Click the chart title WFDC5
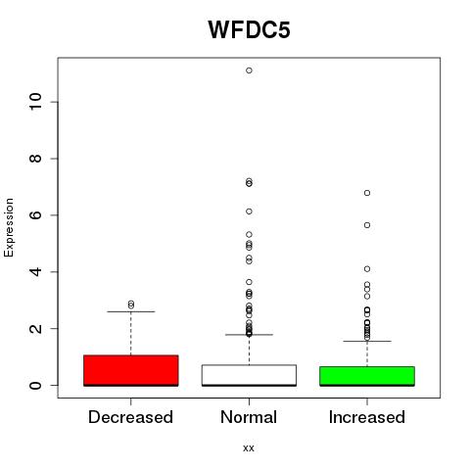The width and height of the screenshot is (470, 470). [x=249, y=30]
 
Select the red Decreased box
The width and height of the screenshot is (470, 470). [x=131, y=370]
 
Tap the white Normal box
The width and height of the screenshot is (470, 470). [x=249, y=375]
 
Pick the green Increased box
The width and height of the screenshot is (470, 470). [x=367, y=376]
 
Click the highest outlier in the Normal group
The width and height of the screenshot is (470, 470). [x=249, y=70]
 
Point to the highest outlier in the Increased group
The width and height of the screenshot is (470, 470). [x=367, y=193]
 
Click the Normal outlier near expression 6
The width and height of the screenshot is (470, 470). [x=249, y=211]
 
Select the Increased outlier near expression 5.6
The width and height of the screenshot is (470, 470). [x=367, y=225]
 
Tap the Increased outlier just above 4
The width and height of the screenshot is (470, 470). [x=367, y=269]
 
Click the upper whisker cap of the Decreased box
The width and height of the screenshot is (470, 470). [x=131, y=311]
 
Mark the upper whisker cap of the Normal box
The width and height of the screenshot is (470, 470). [x=249, y=335]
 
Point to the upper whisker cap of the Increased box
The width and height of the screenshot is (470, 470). [x=367, y=341]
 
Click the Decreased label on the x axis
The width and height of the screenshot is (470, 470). [x=130, y=417]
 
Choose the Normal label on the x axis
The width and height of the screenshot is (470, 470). [x=249, y=417]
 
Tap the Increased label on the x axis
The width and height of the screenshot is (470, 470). [x=367, y=417]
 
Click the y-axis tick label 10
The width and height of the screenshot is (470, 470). [x=35, y=102]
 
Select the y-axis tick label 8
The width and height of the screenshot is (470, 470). [x=35, y=159]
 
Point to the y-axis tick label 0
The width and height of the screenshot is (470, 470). [x=35, y=385]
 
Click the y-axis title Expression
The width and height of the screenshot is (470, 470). [x=9, y=228]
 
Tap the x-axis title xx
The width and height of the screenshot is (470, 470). [x=249, y=448]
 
